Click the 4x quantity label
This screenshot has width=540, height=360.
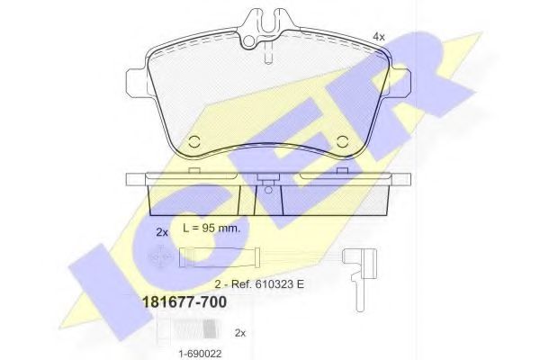tap(379, 36)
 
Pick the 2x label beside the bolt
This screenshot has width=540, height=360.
tap(239, 332)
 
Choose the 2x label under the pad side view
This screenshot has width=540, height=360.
tap(161, 233)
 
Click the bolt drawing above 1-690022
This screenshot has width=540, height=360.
tap(163, 332)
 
